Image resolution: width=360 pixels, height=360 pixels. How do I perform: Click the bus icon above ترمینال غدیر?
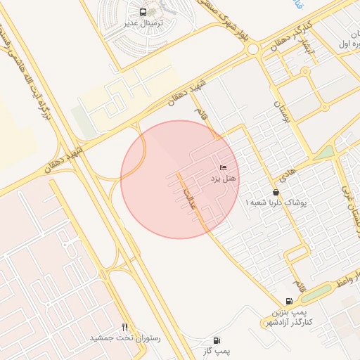pyautogui.click(x=144, y=12)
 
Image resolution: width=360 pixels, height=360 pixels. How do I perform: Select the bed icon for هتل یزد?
pyautogui.click(x=223, y=167)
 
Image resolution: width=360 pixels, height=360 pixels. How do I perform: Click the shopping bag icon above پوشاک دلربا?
pyautogui.click(x=276, y=191)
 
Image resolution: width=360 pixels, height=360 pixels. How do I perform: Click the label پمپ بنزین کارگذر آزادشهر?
pyautogui.click(x=290, y=316)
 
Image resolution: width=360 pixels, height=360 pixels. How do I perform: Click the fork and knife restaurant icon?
pyautogui.click(x=125, y=326)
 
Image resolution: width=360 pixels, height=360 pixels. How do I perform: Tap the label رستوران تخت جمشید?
pyautogui.click(x=125, y=338)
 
